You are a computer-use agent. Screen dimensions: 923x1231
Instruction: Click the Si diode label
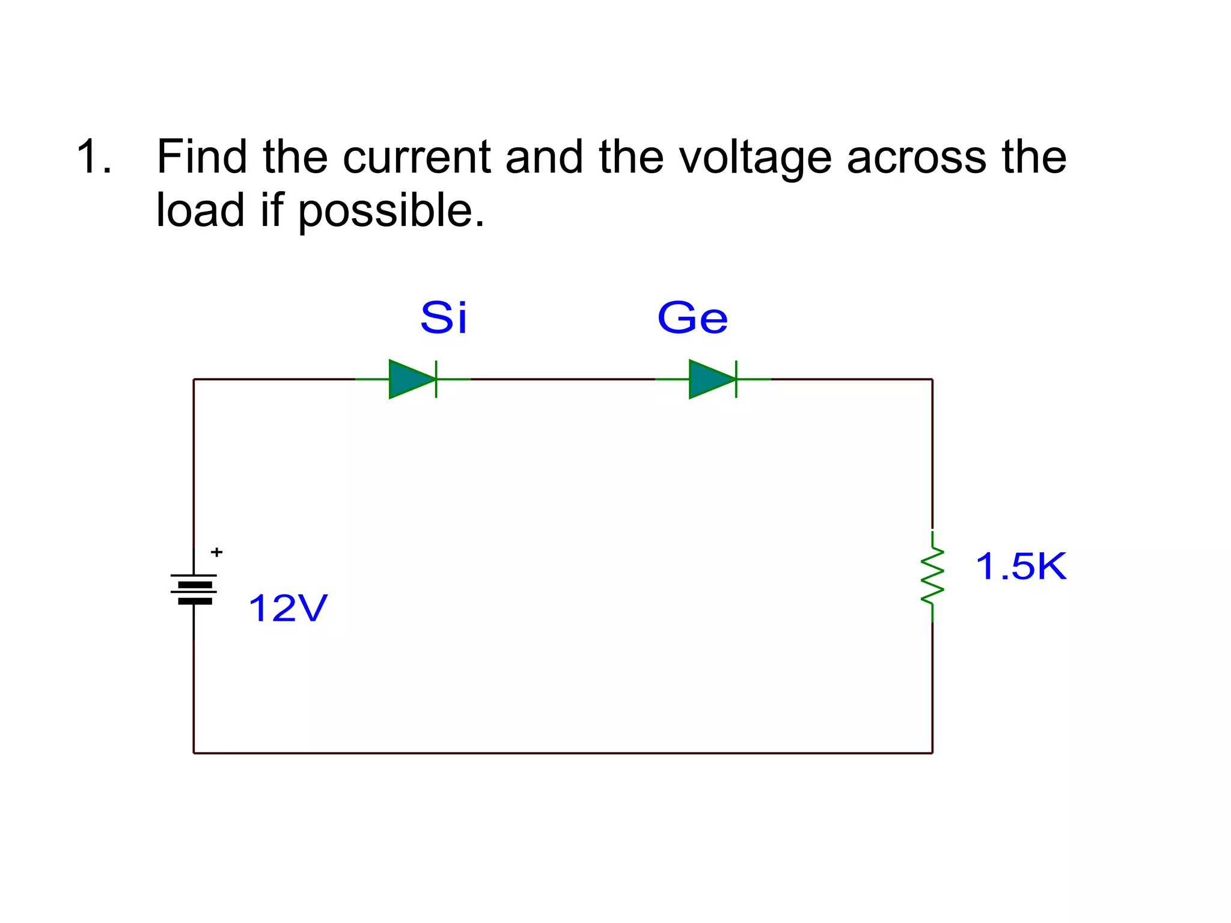pos(444,318)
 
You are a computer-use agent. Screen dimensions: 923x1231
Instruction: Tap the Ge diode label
pos(692,318)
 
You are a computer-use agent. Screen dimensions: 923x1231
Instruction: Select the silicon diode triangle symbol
pos(411,379)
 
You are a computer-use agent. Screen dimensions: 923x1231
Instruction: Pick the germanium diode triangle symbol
pos(711,379)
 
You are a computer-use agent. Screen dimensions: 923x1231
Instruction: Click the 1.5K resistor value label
pos(1020,566)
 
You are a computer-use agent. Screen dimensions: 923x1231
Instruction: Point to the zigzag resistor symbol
pos(932,576)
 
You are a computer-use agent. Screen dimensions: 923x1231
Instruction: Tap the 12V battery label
pos(287,608)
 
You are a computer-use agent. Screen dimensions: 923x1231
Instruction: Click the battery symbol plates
pos(194,589)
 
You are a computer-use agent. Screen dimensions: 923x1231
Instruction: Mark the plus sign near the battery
pos(216,552)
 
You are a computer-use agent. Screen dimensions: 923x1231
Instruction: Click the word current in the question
pos(417,157)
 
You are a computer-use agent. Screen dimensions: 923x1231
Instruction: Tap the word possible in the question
pos(391,211)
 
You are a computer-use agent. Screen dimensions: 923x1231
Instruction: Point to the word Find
pos(202,157)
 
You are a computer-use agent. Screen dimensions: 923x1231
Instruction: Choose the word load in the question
pos(200,211)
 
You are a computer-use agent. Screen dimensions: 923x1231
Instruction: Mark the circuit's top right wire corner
pos(932,379)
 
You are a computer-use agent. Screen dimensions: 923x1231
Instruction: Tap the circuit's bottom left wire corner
pos(194,752)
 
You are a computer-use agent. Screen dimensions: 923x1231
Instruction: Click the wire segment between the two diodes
pos(562,379)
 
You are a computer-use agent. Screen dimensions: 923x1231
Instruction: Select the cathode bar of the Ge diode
pos(736,379)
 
